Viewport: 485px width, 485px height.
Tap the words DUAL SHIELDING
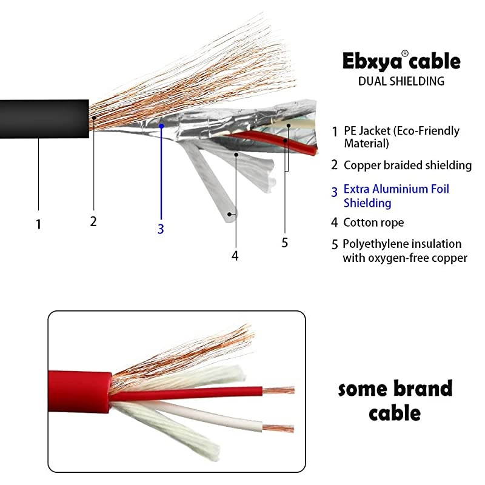pos(401,81)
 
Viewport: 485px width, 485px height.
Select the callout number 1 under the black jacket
pos(38,224)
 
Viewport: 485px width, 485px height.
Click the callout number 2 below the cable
pos(93,221)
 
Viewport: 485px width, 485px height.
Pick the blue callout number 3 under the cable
pos(161,229)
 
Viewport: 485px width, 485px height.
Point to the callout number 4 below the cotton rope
pos(235,256)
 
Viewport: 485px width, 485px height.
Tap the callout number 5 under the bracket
pos(284,242)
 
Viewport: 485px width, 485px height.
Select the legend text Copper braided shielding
pos(407,165)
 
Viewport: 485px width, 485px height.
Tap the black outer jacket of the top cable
pos(42,119)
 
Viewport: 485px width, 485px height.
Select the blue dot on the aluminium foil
pos(162,125)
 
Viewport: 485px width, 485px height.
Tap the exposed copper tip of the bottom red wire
pos(281,390)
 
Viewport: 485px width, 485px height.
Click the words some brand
pos(395,388)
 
